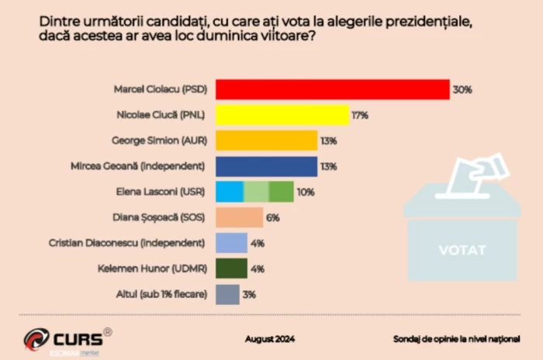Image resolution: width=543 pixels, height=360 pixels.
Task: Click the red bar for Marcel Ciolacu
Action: (332, 89)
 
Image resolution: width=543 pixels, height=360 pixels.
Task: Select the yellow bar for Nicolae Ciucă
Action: (282, 116)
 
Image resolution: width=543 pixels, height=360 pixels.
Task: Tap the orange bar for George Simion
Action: (266, 140)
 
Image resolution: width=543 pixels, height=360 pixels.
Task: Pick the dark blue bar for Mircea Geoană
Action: (266, 166)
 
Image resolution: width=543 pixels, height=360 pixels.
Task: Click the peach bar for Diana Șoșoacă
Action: (239, 218)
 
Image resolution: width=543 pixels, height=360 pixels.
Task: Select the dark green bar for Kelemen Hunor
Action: (231, 268)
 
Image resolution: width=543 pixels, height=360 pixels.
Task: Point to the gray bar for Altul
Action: (227, 294)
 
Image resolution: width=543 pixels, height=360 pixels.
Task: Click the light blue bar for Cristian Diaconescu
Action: (231, 243)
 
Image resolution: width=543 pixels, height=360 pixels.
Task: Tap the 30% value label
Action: (463, 90)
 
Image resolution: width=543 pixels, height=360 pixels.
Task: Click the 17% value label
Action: (359, 116)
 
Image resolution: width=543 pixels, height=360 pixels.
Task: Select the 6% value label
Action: (272, 218)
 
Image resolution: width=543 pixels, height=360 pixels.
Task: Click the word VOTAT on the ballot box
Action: (462, 250)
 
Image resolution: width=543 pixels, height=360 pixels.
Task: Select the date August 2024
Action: (270, 339)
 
